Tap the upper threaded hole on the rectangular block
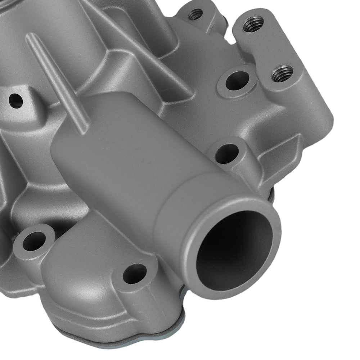click(x=253, y=24)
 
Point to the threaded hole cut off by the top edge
click(x=195, y=14)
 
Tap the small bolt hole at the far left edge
click(x=15, y=101)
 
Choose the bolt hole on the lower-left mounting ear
click(x=34, y=241)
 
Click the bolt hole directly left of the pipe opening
click(x=135, y=273)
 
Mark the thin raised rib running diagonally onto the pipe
click(x=58, y=83)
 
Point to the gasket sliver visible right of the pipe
click(x=271, y=194)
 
